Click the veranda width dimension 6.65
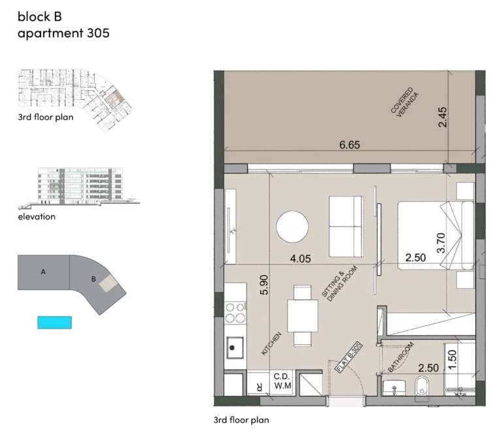[350, 145]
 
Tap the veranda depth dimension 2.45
[443, 117]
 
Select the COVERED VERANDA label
[405, 103]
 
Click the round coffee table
[292, 227]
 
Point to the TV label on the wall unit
[233, 231]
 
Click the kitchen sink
[235, 348]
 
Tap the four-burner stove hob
[235, 313]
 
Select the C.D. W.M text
[282, 381]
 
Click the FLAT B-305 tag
[348, 357]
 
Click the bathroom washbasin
[394, 388]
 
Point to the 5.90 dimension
[264, 285]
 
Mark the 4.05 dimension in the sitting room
[300, 259]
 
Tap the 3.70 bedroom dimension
[441, 243]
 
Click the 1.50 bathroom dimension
[452, 359]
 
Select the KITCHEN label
[271, 344]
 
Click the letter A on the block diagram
[43, 272]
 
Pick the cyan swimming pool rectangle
[54, 323]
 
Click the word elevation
[37, 217]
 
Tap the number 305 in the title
[98, 33]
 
